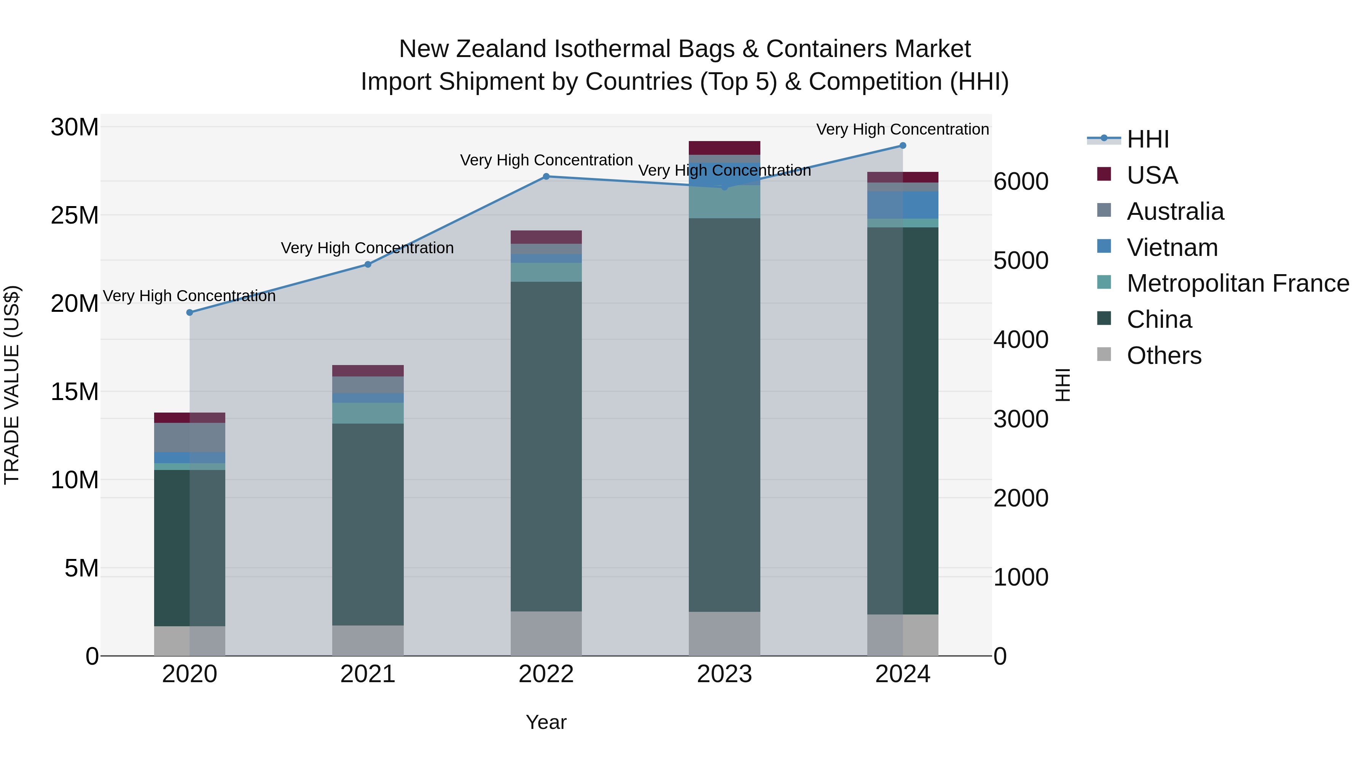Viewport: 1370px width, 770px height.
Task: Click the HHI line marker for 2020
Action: coord(190,313)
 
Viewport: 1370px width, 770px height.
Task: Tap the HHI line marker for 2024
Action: coord(903,146)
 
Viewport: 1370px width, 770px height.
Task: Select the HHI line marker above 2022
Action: coord(546,176)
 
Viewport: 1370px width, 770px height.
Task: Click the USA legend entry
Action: coord(1152,175)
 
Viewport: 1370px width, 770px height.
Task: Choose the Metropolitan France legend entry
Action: coord(1237,283)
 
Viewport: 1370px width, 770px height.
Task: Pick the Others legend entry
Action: coord(1164,356)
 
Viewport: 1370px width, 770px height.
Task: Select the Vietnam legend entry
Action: coord(1172,248)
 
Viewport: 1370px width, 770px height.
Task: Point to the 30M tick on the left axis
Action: coord(75,127)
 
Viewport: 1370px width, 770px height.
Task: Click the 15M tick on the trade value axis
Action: coord(75,392)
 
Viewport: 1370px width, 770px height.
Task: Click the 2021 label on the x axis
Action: coord(368,674)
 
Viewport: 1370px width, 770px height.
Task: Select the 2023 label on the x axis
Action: coord(724,674)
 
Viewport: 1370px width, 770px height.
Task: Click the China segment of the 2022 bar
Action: coord(546,446)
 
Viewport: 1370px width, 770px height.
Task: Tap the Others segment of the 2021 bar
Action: coord(368,640)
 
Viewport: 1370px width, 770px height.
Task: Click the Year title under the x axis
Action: coord(546,722)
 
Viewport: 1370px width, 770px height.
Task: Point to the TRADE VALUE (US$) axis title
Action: coord(12,385)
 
